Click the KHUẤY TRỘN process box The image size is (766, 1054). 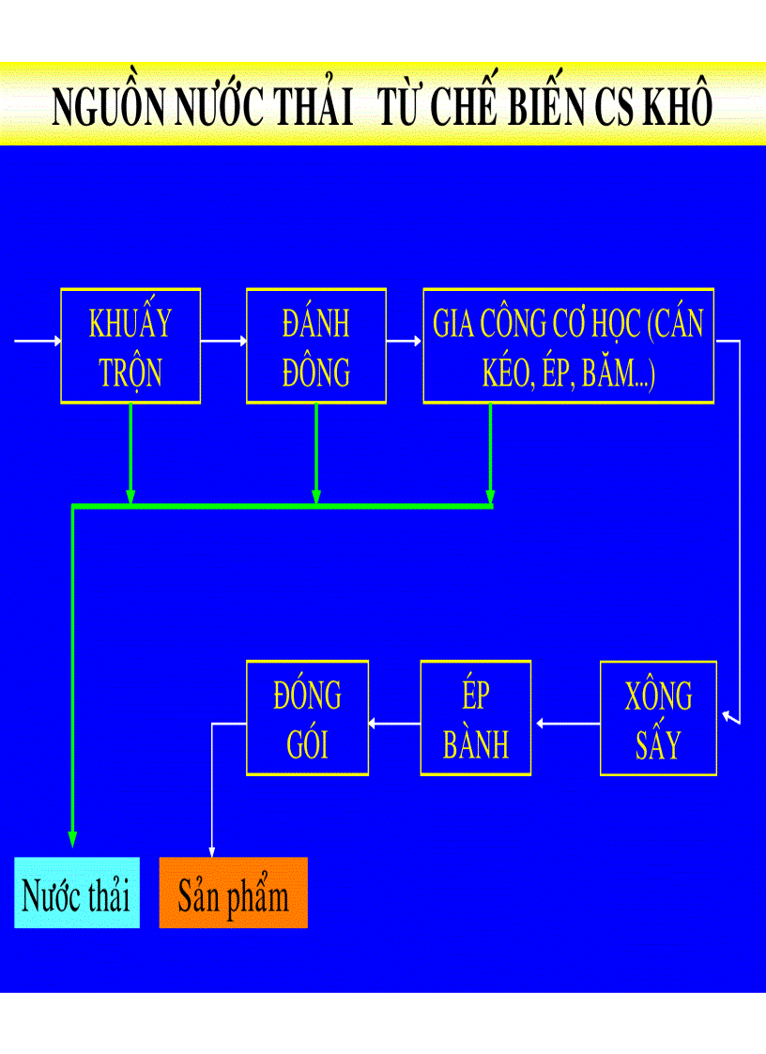(x=130, y=346)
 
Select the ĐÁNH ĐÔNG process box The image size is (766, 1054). (x=316, y=346)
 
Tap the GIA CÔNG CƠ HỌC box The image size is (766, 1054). (x=568, y=346)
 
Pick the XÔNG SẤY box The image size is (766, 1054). (x=658, y=719)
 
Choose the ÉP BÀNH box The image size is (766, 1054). (x=476, y=719)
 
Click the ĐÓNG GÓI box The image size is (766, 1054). (x=307, y=719)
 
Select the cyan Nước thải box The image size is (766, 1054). (x=77, y=894)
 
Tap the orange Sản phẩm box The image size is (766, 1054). (x=233, y=894)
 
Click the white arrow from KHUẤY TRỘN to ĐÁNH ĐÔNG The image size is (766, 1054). (x=223, y=342)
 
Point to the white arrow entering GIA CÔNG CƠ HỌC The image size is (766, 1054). (x=405, y=342)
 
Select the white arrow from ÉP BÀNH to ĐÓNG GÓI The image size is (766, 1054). (x=394, y=724)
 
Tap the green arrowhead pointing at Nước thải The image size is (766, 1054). (x=72, y=838)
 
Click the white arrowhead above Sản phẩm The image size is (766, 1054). (x=211, y=848)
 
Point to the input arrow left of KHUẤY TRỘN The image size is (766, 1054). (x=38, y=342)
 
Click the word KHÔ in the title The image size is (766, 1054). (x=677, y=107)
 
